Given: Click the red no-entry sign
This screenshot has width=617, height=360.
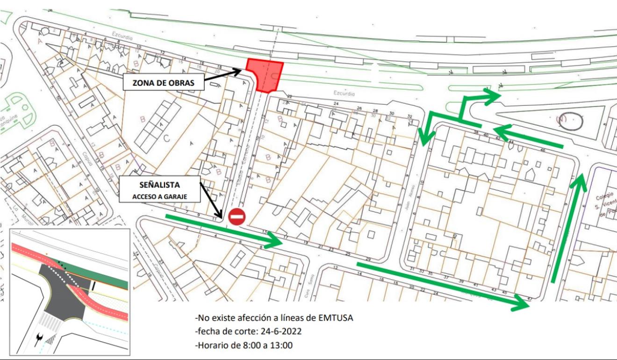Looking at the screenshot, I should click(x=237, y=217).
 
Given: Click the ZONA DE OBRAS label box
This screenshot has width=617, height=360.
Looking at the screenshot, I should click(x=164, y=83).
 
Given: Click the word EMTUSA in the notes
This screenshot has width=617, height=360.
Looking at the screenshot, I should click(x=336, y=318).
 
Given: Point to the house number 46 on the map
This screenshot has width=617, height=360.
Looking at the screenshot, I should click(x=542, y=151).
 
